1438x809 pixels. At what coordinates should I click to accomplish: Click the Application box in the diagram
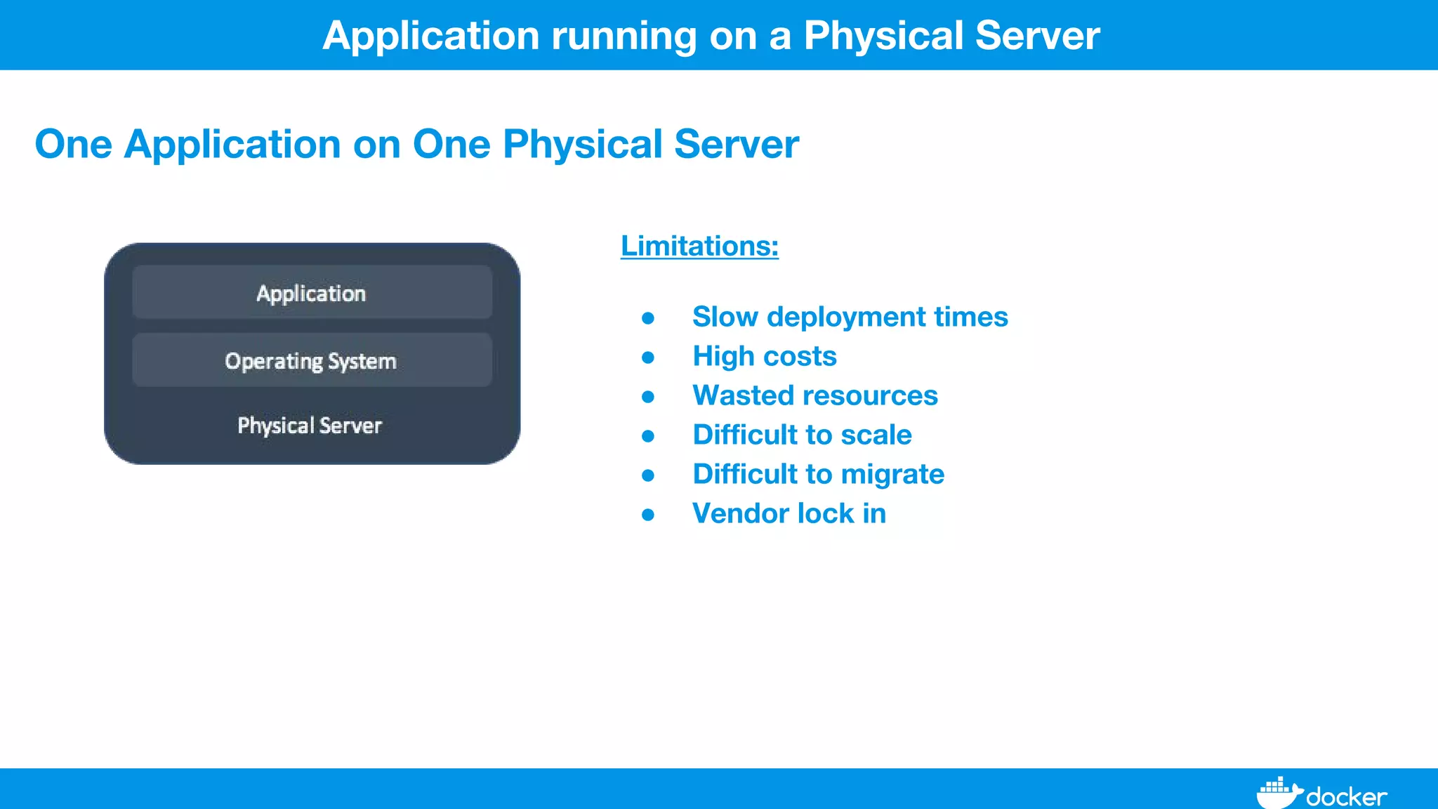[312, 292]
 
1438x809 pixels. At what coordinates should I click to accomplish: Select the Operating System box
[312, 360]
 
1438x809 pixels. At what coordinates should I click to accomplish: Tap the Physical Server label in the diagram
[310, 426]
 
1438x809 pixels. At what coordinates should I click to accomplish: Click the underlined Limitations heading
[699, 246]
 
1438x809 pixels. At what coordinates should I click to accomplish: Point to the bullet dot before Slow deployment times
[648, 319]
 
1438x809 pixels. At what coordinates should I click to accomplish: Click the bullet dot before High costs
[648, 358]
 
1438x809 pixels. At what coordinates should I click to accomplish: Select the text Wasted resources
[814, 395]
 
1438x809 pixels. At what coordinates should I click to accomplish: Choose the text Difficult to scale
[802, 435]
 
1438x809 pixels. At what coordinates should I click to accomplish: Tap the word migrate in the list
[892, 475]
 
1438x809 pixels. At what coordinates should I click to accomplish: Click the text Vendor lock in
[789, 513]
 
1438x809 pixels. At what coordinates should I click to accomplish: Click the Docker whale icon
[1278, 794]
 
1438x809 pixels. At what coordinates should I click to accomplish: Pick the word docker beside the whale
[1346, 797]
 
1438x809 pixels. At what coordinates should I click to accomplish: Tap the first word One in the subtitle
[73, 144]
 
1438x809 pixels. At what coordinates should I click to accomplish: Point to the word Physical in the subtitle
[583, 144]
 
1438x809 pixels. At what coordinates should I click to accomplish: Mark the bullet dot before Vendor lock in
[648, 515]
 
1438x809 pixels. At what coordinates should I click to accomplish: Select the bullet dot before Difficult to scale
[648, 437]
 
